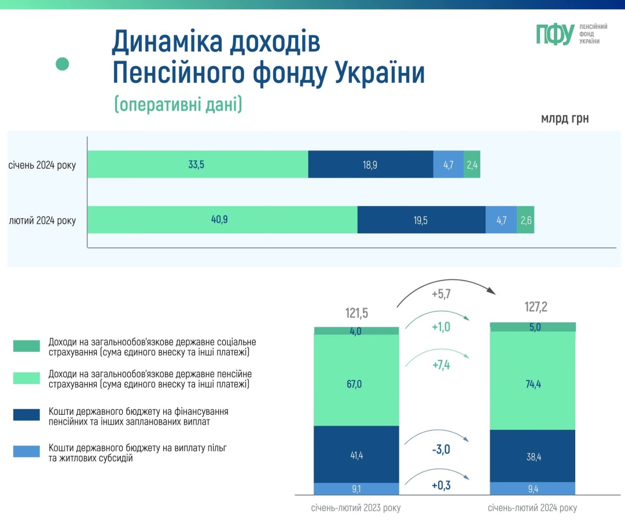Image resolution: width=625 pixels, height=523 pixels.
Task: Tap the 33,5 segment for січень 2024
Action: click(197, 164)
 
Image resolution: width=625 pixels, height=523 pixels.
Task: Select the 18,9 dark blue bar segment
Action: click(370, 164)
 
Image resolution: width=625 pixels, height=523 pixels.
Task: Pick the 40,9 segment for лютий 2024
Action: click(222, 220)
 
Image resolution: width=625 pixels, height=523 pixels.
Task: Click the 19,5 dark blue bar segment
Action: click(421, 220)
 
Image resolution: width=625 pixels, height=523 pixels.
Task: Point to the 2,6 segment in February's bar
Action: click(525, 220)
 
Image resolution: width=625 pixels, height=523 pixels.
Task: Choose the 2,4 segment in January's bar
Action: click(472, 164)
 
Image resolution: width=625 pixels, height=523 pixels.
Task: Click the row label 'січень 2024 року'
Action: click(42, 165)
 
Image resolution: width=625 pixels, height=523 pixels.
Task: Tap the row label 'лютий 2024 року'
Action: click(42, 220)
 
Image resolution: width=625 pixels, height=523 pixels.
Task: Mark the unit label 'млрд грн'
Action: click(565, 119)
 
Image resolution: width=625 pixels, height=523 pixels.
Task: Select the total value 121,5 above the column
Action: click(356, 314)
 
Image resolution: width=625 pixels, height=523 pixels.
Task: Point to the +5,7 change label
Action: click(441, 294)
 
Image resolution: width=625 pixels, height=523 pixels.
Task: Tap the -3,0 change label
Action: click(441, 450)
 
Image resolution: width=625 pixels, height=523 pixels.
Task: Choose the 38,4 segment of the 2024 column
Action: click(532, 456)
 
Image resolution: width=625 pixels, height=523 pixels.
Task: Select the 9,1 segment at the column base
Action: click(356, 489)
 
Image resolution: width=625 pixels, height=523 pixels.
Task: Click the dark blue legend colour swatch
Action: click(27, 415)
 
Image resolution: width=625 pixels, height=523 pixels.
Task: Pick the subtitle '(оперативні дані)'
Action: click(178, 104)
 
